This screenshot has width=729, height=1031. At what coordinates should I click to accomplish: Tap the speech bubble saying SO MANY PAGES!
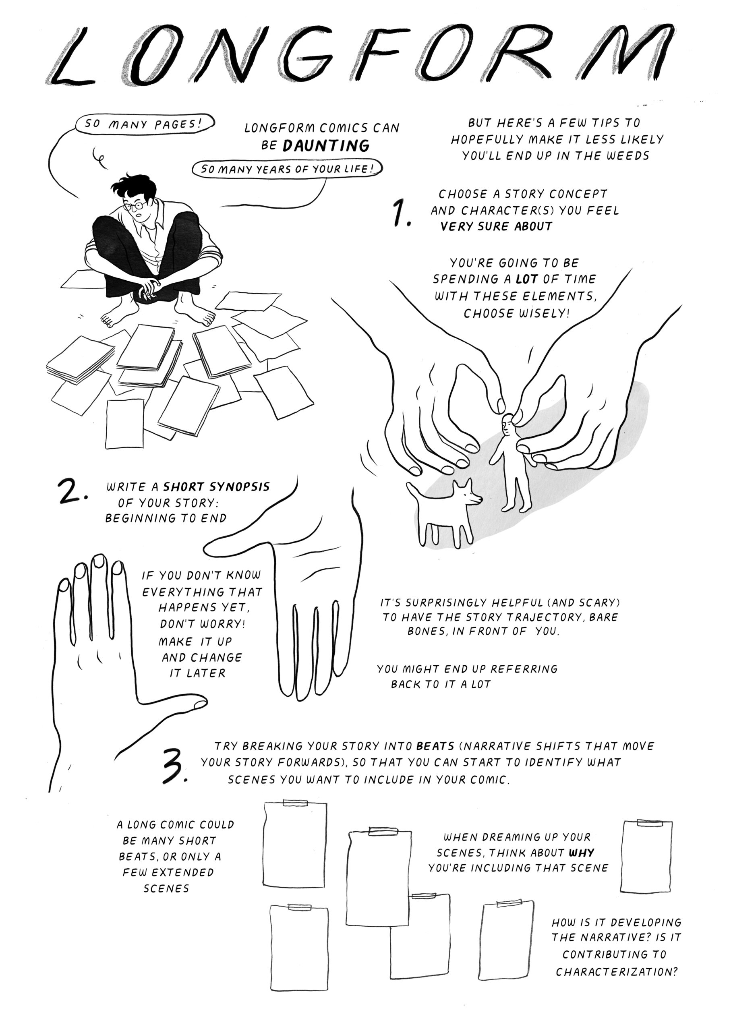tap(144, 124)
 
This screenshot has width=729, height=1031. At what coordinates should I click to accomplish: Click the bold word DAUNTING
tap(327, 145)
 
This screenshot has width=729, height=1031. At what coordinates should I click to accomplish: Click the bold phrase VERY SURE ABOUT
tap(496, 227)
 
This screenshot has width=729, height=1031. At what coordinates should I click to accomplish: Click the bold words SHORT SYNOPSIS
tap(216, 487)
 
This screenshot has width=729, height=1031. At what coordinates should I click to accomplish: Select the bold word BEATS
tap(435, 746)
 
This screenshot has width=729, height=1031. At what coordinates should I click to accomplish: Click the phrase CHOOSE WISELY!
tap(516, 313)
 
